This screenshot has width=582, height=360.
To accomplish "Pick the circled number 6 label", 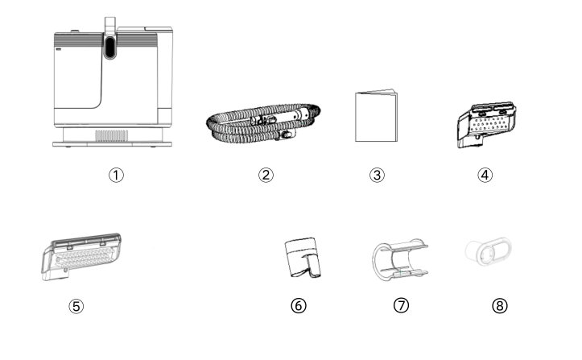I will pos(299,306).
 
